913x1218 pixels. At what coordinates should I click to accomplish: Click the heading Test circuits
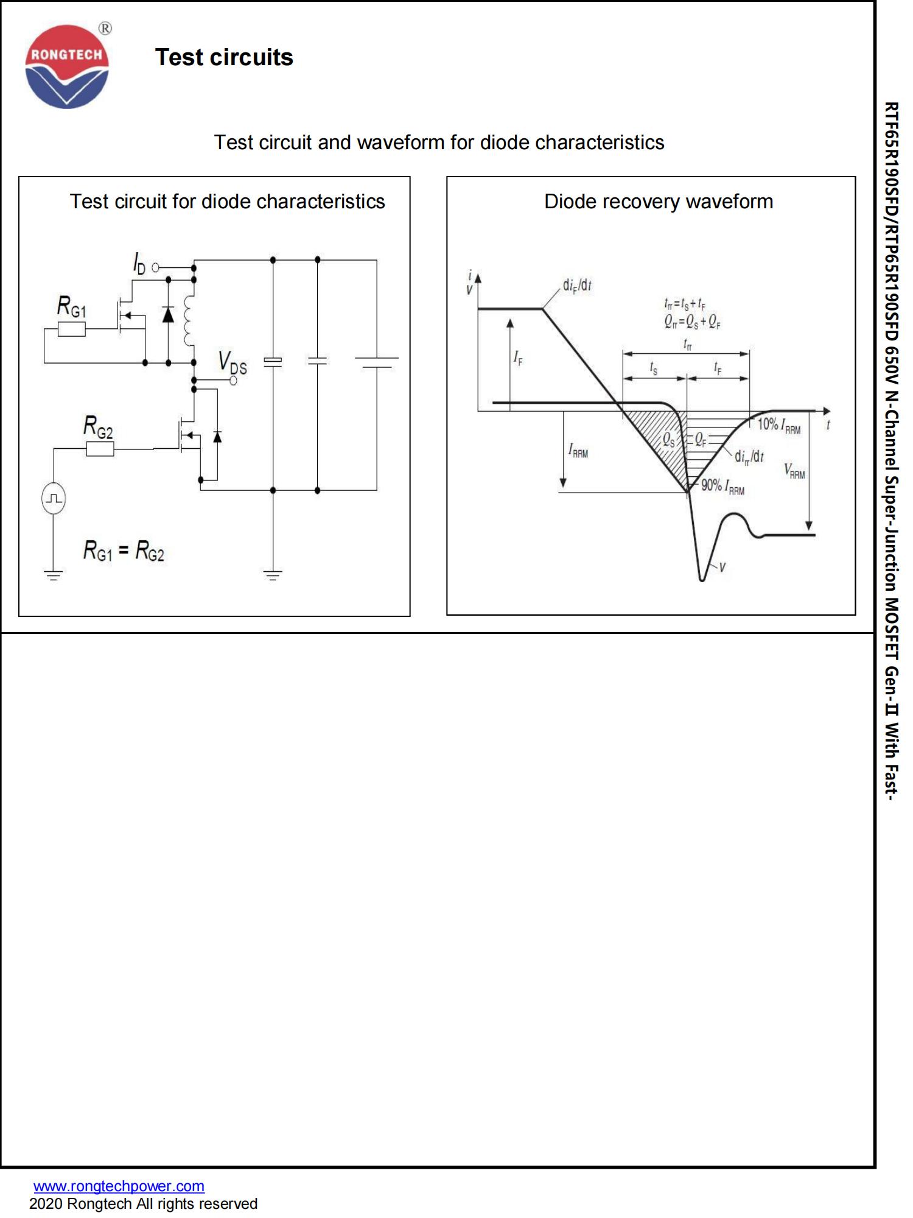pos(224,57)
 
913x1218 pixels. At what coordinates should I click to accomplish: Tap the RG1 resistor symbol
pos(72,330)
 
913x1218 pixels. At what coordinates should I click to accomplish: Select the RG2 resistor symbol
pos(100,449)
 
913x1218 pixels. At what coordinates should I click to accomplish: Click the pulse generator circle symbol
pos(54,499)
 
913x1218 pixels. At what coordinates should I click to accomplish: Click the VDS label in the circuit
pos(233,362)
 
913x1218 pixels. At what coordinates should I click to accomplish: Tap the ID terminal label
pos(140,263)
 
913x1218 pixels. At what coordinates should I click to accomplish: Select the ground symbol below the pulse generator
pos(54,574)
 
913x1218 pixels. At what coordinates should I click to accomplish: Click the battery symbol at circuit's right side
pos(376,362)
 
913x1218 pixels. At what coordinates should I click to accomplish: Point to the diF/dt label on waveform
pos(577,285)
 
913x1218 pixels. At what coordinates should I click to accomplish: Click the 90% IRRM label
pos(722,487)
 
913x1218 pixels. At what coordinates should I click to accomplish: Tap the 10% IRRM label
pos(778,425)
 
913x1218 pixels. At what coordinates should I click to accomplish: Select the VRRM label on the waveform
pos(794,471)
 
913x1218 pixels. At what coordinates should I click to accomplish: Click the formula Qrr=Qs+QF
pos(693,322)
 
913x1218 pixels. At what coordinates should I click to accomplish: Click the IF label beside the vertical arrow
pos(518,357)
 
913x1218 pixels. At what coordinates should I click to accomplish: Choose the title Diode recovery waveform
pos(659,202)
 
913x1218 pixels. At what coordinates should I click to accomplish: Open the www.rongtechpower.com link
pos(119,1186)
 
